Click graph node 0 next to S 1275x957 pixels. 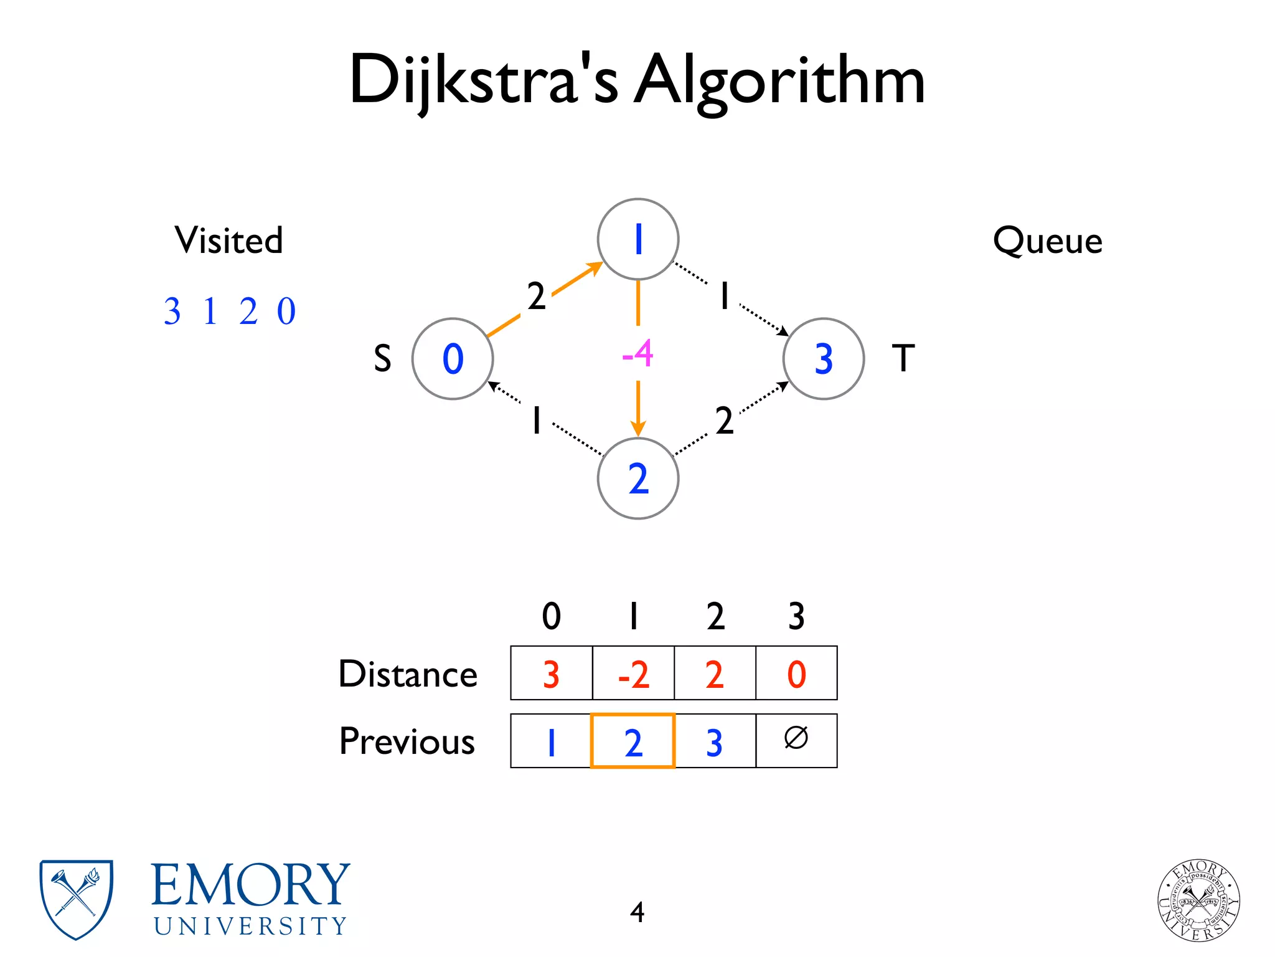tap(453, 359)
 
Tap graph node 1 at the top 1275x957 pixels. tap(637, 239)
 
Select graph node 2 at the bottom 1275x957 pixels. tap(637, 478)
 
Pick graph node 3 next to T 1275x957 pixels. tap(823, 359)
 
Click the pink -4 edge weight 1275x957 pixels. tap(637, 354)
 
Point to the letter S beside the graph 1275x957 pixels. tap(382, 359)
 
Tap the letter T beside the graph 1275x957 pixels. tap(903, 358)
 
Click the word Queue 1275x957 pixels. tap(1048, 240)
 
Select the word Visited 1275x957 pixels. tap(228, 240)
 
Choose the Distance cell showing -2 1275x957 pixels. tap(633, 674)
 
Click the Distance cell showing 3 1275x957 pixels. tap(551, 674)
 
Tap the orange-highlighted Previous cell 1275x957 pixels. tap(633, 741)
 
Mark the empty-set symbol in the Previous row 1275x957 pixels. tap(796, 738)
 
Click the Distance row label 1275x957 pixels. tap(408, 674)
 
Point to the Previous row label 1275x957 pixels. tap(407, 741)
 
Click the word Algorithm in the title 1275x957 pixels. tap(779, 81)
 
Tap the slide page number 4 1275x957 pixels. tap(637, 912)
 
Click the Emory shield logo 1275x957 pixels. tap(76, 898)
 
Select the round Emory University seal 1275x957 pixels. tap(1198, 900)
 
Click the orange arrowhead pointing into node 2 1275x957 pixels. tap(637, 429)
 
